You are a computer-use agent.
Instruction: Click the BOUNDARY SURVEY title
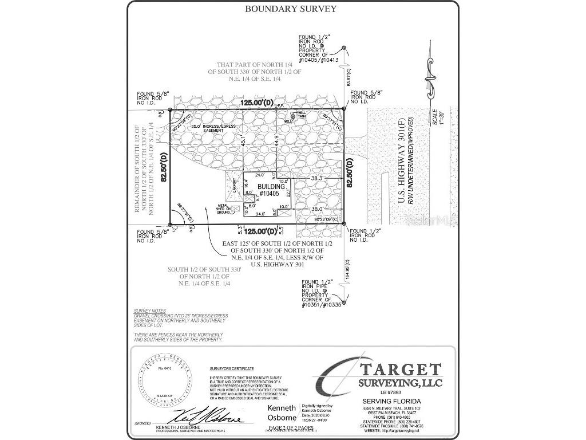291,9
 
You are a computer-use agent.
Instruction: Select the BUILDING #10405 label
269,191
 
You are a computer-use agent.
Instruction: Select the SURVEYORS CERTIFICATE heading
231,369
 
